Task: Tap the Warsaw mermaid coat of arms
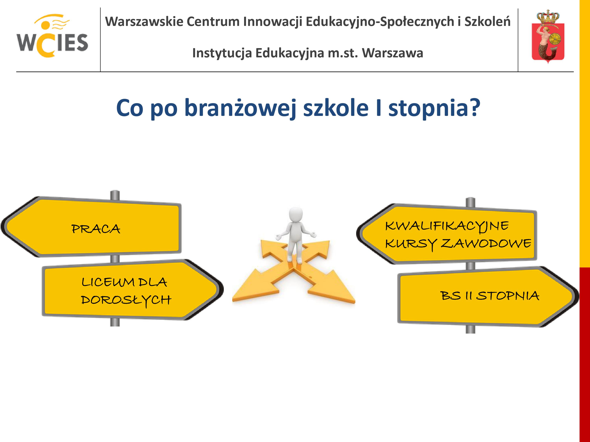click(x=548, y=37)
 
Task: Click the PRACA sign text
click(x=96, y=229)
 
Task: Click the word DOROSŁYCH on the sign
click(x=126, y=300)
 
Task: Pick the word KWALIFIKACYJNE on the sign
click(x=447, y=226)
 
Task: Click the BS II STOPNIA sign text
click(x=490, y=296)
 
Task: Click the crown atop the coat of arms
click(x=548, y=17)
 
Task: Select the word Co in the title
click(x=130, y=108)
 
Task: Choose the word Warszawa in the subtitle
click(x=392, y=53)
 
